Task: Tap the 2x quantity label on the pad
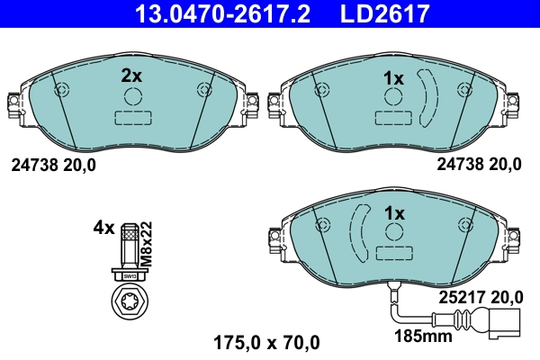132,77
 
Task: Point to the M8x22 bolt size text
148,241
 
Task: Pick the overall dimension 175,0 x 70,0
265,342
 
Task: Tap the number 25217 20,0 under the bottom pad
480,295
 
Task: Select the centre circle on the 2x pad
132,99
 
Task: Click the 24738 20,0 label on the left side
52,165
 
